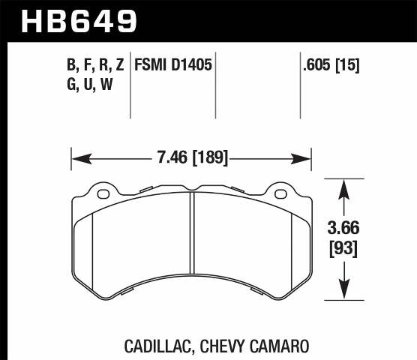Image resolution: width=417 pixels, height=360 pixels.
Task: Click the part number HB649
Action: pos(80,20)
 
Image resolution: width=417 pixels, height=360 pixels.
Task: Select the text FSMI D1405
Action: pos(173,65)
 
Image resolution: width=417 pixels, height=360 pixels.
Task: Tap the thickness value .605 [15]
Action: pos(330,65)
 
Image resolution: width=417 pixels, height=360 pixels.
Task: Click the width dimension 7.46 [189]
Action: pos(190,158)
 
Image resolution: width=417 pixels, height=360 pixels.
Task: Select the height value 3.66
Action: pos(343,226)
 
